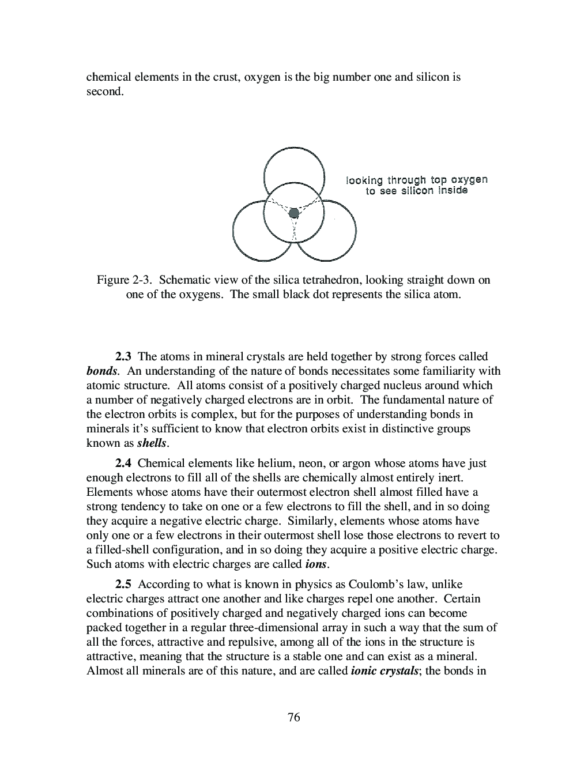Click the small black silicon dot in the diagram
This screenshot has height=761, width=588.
point(293,213)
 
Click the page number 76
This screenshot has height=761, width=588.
point(293,717)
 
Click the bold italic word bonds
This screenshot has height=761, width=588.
point(101,371)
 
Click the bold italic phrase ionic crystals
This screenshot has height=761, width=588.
point(384,670)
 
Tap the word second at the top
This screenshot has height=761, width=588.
point(104,91)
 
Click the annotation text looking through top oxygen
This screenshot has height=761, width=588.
point(416,179)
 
